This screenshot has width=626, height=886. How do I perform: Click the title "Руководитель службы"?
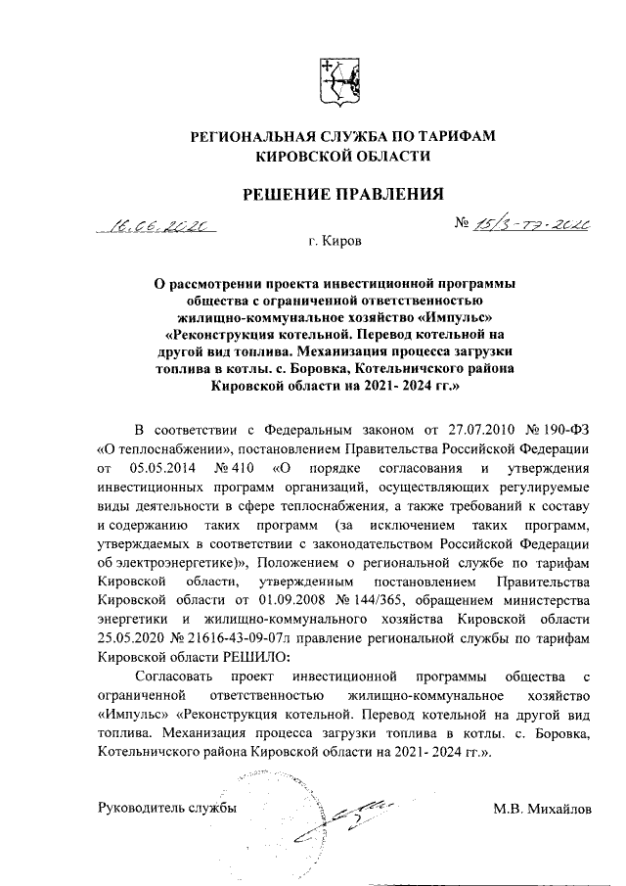pyautogui.click(x=167, y=809)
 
